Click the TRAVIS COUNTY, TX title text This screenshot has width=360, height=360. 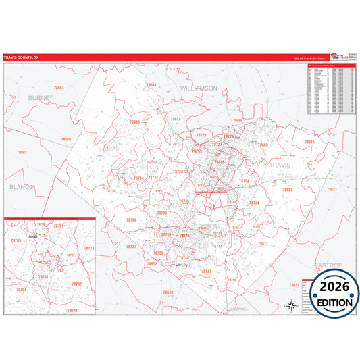[x=22, y=57]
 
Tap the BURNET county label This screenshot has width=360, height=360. [x=40, y=97]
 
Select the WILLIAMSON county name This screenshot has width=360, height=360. [x=199, y=88]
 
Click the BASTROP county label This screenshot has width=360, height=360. [x=328, y=265]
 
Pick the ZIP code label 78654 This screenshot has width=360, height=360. [x=59, y=88]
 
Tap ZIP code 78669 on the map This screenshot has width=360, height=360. [x=66, y=139]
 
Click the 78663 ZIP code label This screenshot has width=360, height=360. [x=22, y=153]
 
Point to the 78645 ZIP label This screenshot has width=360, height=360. [x=135, y=122]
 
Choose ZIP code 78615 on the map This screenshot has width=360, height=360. [x=309, y=142]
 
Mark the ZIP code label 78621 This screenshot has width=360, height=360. [x=332, y=189]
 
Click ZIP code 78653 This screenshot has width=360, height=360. [x=287, y=190]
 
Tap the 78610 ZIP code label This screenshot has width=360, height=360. [x=168, y=292]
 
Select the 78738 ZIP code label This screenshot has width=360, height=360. [x=110, y=191]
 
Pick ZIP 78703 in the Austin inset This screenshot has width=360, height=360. [x=16, y=240]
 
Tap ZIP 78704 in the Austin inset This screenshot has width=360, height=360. [x=22, y=290]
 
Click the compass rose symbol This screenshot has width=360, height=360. [x=290, y=306]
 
